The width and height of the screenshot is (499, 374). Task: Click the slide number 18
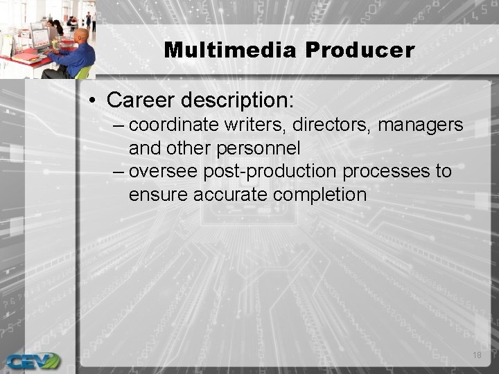[x=476, y=355]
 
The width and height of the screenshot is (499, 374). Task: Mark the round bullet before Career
[x=93, y=101]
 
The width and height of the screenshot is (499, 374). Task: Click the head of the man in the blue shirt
[x=81, y=37]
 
